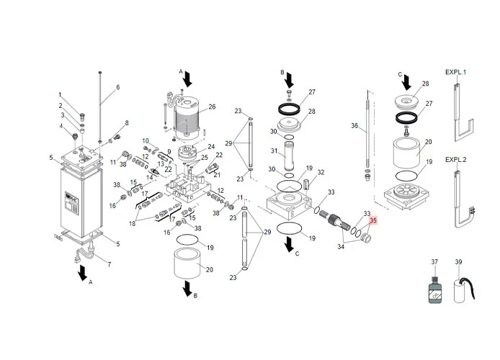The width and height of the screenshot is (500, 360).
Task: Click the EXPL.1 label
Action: pyautogui.click(x=456, y=73)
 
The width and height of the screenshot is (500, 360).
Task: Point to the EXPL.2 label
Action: pyautogui.click(x=456, y=159)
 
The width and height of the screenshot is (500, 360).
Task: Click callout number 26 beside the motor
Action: pyautogui.click(x=212, y=107)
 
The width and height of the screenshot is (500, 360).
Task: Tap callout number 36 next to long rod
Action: pyautogui.click(x=354, y=126)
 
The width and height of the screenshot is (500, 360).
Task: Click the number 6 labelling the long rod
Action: pyautogui.click(x=117, y=88)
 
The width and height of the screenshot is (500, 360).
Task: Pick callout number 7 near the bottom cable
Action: pyautogui.click(x=110, y=265)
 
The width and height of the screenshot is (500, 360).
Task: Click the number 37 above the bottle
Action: pyautogui.click(x=434, y=261)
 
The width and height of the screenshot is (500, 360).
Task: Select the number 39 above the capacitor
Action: pyautogui.click(x=459, y=261)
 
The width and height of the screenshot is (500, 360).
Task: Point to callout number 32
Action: pyautogui.click(x=321, y=173)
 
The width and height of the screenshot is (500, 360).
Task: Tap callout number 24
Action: pyautogui.click(x=211, y=147)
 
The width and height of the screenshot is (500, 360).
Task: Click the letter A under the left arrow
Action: pyautogui.click(x=91, y=283)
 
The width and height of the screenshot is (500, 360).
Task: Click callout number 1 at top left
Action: pyautogui.click(x=61, y=96)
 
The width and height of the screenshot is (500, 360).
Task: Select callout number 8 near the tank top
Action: pyautogui.click(x=127, y=123)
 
